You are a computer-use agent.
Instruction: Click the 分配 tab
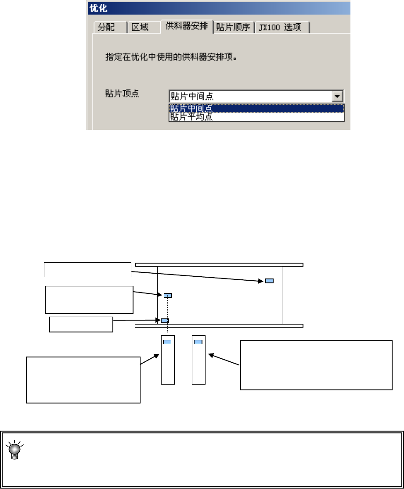[x=105, y=28]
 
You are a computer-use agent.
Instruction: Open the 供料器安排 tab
[x=186, y=26]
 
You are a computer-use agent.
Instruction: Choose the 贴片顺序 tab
[x=233, y=28]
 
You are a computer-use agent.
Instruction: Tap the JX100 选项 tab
[x=283, y=28]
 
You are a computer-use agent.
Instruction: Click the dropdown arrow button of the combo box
[x=337, y=96]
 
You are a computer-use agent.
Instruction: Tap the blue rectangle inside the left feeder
[x=167, y=342]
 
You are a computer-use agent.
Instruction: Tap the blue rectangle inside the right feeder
[x=198, y=342]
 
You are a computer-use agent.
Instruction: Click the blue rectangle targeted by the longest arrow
[x=269, y=281]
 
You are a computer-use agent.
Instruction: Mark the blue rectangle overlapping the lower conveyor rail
[x=164, y=321]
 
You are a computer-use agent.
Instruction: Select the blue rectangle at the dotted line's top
[x=168, y=296]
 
